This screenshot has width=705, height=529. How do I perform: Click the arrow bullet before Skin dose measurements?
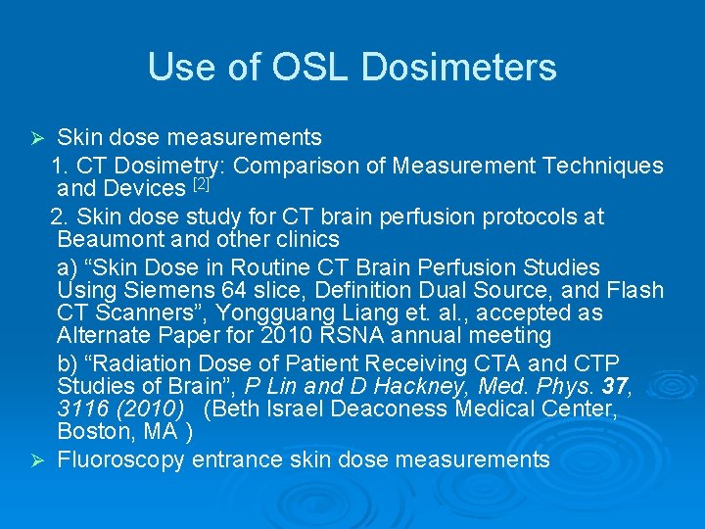39,136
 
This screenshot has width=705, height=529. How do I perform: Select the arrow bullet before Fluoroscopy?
39,459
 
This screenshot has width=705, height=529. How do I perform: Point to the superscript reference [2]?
202,183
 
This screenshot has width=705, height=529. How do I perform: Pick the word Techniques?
598,167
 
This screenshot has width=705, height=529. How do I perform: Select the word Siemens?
148,291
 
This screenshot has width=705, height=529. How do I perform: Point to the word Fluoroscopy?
122,459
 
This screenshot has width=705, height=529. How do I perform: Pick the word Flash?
635,291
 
